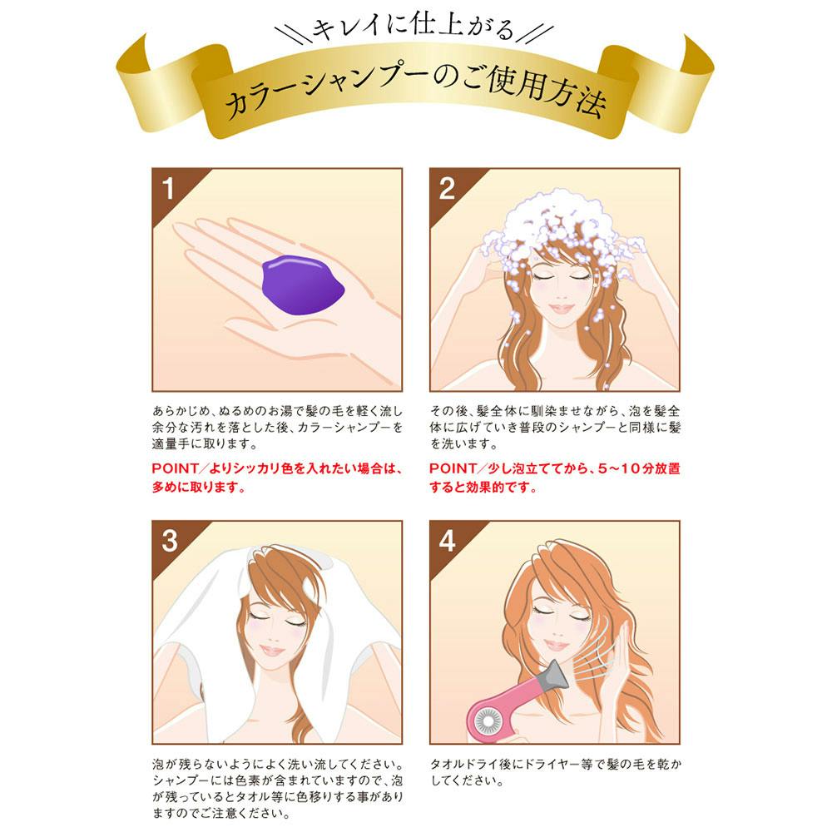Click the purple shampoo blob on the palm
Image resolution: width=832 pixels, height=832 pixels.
(303, 285)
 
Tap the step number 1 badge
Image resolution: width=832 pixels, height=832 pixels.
(169, 189)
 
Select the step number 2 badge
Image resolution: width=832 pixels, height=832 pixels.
(447, 189)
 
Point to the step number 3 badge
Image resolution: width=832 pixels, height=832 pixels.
(170, 542)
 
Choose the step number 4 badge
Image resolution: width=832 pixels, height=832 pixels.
(448, 542)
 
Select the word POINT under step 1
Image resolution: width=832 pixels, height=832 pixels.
(175, 468)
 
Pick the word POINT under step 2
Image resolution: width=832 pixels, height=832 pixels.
(452, 468)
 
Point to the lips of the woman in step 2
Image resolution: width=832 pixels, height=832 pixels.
(561, 309)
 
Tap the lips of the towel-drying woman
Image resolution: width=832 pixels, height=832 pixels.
(273, 650)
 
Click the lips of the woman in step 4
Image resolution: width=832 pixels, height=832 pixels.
(556, 646)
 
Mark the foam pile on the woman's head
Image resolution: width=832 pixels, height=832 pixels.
(557, 234)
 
